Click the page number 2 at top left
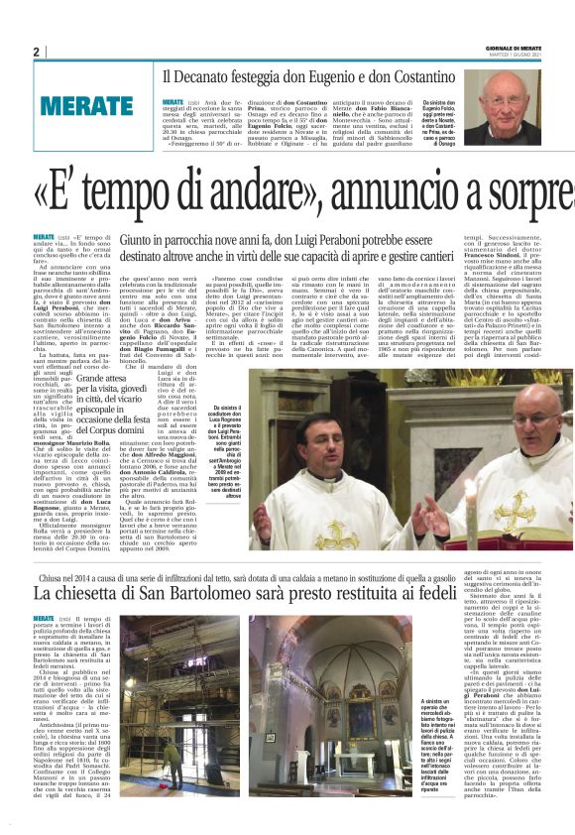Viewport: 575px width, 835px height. tap(36, 53)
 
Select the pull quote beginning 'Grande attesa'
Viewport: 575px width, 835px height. tap(107, 408)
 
